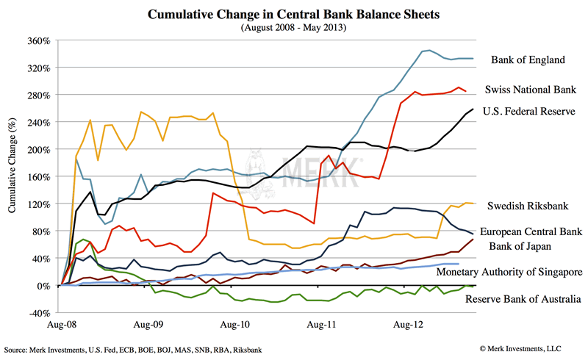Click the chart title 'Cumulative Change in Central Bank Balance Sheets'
click(x=294, y=14)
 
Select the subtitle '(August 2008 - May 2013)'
click(x=294, y=27)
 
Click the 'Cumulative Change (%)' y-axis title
click(x=12, y=176)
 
